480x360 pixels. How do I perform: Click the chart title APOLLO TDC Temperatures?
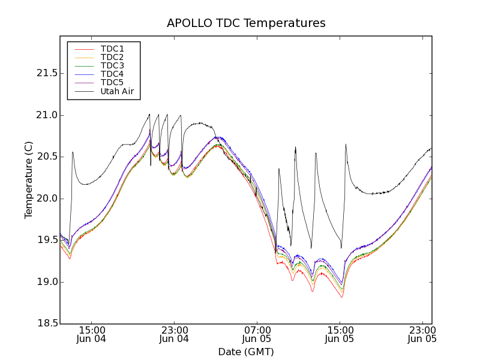[246, 23]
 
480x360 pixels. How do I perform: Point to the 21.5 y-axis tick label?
[46, 73]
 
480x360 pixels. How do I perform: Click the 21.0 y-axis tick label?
[46, 115]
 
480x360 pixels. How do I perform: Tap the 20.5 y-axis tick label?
[46, 157]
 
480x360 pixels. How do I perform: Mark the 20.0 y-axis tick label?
[46, 199]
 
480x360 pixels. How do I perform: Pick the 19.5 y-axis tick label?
[46, 240]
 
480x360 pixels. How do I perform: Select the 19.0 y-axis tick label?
[46, 282]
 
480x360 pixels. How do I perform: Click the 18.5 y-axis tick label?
[46, 324]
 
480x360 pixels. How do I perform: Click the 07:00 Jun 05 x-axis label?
[257, 334]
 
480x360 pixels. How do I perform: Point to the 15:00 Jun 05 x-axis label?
[340, 334]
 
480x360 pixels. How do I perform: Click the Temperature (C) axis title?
[29, 180]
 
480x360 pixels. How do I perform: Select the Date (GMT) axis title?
[246, 352]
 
